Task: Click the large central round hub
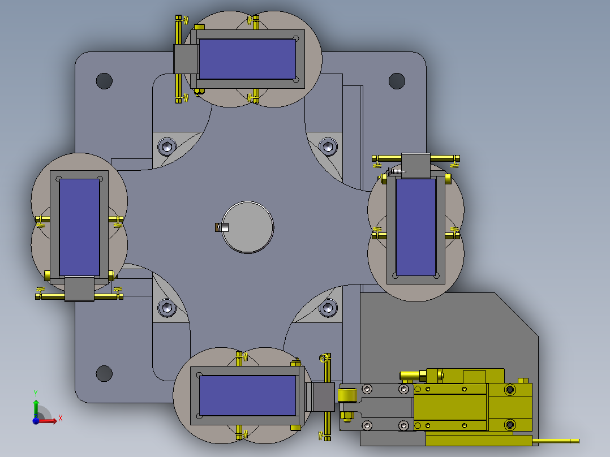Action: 247,227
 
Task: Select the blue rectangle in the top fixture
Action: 247,59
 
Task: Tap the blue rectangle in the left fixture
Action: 79,227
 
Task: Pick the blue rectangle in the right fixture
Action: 415,227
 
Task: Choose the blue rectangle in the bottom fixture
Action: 247,395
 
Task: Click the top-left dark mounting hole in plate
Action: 104,81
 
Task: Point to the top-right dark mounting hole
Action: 397,81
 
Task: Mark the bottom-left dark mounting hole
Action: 104,373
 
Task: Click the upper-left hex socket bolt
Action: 167,146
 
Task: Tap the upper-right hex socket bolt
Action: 328,146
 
